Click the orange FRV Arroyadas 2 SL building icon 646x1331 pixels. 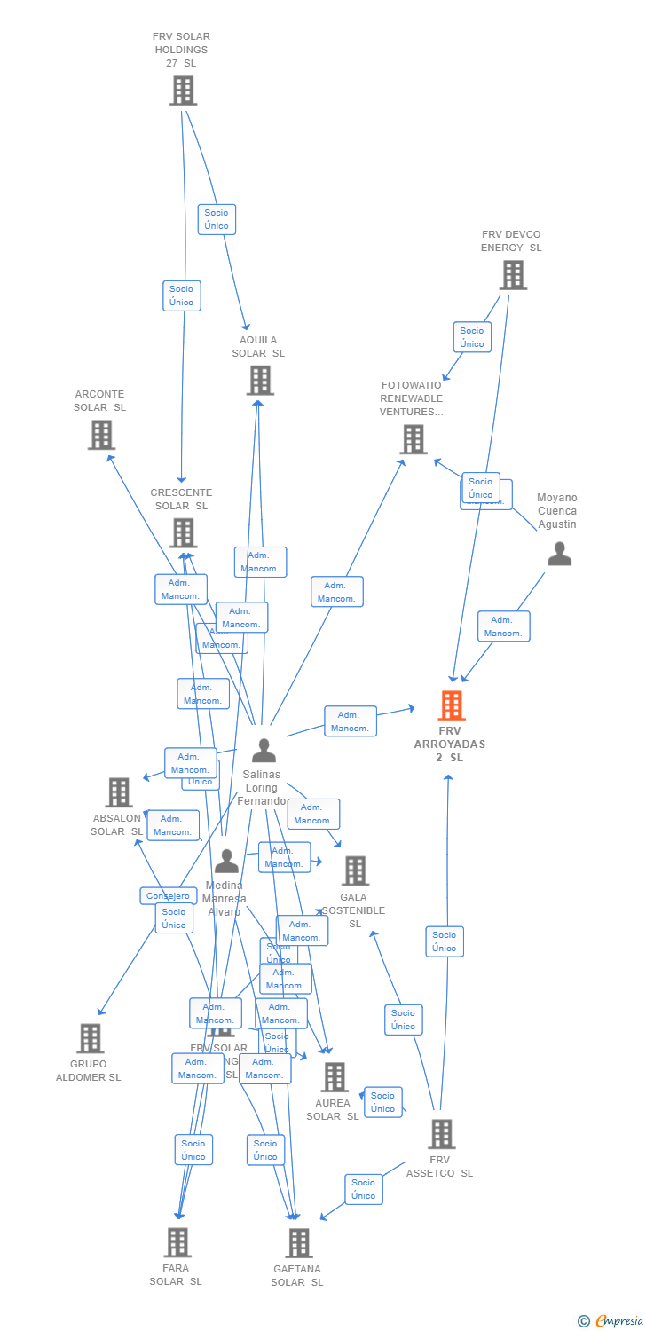[x=452, y=706]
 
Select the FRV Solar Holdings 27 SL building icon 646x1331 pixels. [x=183, y=91]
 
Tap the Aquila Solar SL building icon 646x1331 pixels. [x=259, y=380]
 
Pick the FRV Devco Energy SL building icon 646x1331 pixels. [x=512, y=275]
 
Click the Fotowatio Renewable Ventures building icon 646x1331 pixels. [x=413, y=439]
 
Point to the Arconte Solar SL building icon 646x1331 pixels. [x=101, y=435]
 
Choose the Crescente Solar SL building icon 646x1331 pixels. [x=183, y=533]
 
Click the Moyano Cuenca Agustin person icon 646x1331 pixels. [x=559, y=555]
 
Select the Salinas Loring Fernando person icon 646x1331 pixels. [x=264, y=751]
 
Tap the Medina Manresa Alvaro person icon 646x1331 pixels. [x=226, y=861]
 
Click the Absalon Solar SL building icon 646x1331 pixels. [x=118, y=792]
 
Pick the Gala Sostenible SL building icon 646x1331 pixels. [x=355, y=871]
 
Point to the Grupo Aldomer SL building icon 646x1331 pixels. [x=90, y=1038]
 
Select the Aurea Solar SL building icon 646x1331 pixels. [x=334, y=1077]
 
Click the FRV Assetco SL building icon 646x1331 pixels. [x=441, y=1134]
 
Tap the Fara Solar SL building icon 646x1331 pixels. [x=177, y=1242]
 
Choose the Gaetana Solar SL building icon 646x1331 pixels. [x=299, y=1243]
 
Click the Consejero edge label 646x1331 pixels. [x=168, y=896]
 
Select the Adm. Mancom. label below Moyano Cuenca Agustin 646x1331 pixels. [x=503, y=626]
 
